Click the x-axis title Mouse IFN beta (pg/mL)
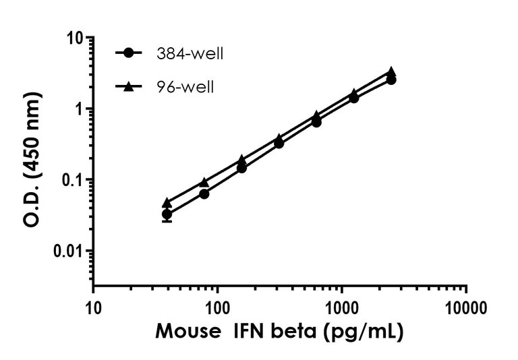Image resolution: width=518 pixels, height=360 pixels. pos(279,332)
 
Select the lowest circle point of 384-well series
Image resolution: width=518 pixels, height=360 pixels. pos(167,214)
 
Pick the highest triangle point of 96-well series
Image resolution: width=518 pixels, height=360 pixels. pos(391,71)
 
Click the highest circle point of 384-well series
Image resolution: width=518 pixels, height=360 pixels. pos(391,80)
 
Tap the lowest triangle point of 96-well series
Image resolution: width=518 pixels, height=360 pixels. pos(167,202)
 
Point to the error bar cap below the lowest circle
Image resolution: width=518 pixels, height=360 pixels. pos(167,221)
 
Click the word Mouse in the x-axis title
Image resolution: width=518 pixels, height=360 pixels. pos(186,332)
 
